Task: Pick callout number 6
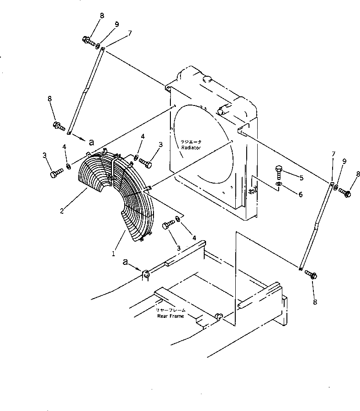point(300,195)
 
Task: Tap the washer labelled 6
point(279,184)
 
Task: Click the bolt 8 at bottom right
point(312,275)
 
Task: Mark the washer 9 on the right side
point(336,188)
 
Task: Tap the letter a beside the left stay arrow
point(91,142)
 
